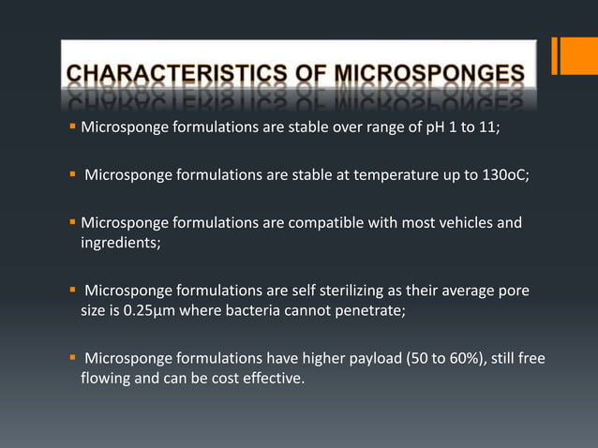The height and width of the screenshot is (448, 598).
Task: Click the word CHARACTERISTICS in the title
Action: (160, 73)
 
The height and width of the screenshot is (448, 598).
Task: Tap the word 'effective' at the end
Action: (273, 381)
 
